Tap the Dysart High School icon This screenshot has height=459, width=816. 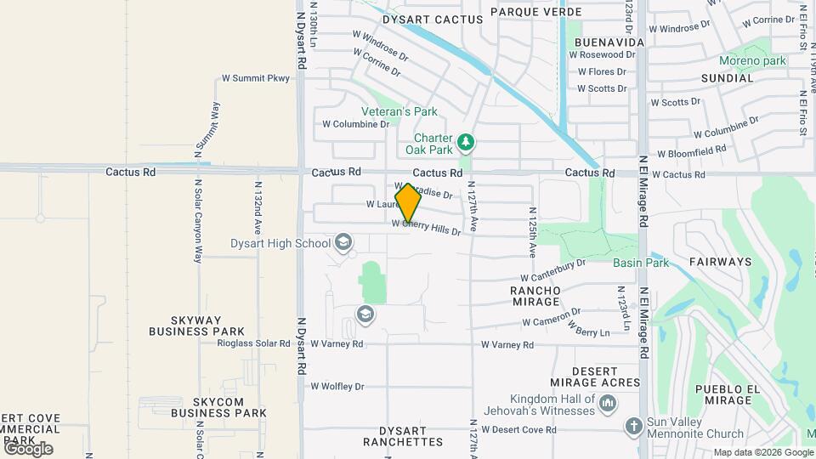point(343,244)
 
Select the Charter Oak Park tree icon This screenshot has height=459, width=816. point(465,141)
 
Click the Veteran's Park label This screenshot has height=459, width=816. point(399,111)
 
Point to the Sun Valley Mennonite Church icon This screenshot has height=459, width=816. point(634,426)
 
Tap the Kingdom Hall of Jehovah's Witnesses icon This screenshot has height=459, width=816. point(607,405)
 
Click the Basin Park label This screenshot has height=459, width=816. point(641,263)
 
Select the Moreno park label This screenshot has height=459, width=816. point(752,61)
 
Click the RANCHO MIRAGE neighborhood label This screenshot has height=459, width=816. point(535,296)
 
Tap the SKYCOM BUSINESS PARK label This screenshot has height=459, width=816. point(218,407)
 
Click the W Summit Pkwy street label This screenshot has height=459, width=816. point(255,78)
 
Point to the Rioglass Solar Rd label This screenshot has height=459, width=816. point(254,344)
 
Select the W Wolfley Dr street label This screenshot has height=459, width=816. point(337,387)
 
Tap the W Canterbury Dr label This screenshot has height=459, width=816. point(553,271)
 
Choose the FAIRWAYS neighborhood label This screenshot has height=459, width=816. point(720,262)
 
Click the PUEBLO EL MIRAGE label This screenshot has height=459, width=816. point(725,394)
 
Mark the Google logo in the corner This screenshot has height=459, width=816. point(27,448)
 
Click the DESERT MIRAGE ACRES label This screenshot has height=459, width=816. point(594,377)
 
